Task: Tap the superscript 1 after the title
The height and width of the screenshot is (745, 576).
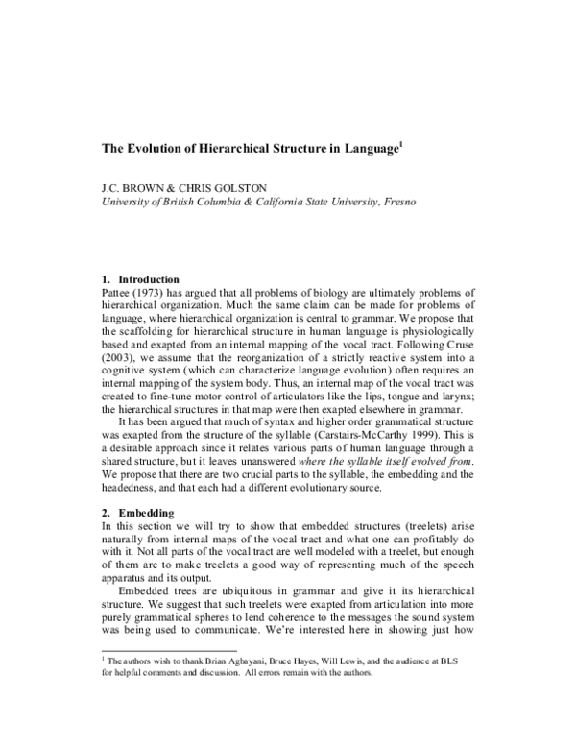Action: (401, 145)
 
